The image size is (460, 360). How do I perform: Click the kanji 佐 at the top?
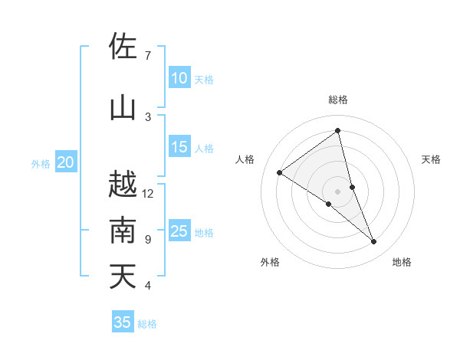pos(123,47)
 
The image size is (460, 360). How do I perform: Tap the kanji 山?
pos(123,108)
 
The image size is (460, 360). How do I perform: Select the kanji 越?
pos(123,185)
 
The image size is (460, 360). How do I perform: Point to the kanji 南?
pos(123,231)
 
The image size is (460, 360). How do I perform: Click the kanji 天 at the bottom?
pos(123,277)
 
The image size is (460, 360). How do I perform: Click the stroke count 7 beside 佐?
pos(148,55)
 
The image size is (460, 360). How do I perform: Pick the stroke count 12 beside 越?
pos(148,193)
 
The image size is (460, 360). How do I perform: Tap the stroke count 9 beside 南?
pos(148,239)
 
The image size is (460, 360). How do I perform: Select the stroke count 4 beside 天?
pos(148,286)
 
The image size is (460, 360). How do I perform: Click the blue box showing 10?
pos(179,78)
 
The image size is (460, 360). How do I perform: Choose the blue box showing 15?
pos(179,147)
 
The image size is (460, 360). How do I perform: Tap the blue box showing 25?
pos(179,231)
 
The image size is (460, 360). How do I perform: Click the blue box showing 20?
pos(66,162)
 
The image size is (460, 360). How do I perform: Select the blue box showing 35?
pos(123,322)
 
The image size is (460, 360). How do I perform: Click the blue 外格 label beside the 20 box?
pos(41,163)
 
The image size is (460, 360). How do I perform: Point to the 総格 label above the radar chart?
pos(337,100)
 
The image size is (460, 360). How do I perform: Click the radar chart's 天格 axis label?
pos(431,159)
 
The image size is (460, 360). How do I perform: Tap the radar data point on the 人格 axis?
pos(280,172)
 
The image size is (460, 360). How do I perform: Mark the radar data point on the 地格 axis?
pos(374,241)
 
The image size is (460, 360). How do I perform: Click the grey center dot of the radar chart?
pos(337,191)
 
